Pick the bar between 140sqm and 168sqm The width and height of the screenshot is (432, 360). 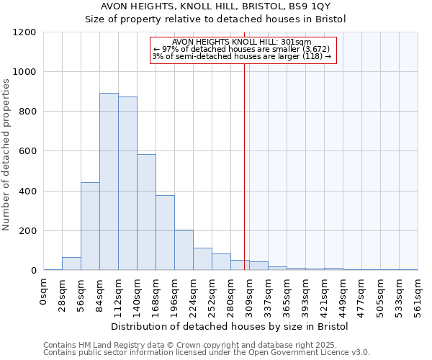pyautogui.click(x=146, y=212)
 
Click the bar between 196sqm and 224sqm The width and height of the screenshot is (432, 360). pyautogui.click(x=184, y=250)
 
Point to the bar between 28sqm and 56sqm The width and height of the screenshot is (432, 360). pyautogui.click(x=71, y=264)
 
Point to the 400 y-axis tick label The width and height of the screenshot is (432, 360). pyautogui.click(x=28, y=192)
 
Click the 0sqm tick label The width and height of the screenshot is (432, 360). pyautogui.click(x=44, y=292)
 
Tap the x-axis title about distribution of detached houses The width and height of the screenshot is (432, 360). pyautogui.click(x=230, y=326)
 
